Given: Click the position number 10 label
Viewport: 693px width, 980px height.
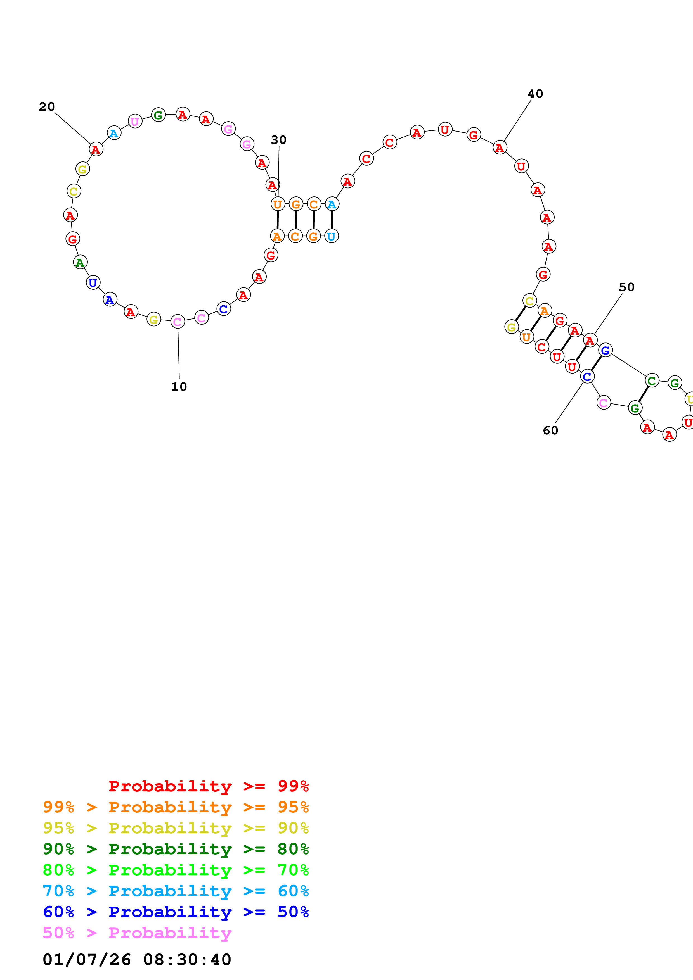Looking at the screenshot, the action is coord(179,387).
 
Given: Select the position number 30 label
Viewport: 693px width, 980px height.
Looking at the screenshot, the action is coord(278,140).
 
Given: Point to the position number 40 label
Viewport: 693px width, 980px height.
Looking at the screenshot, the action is coord(535,94).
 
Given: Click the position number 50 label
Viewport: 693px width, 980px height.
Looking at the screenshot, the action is coord(626,287).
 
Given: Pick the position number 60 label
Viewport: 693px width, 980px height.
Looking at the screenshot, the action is coord(550,431).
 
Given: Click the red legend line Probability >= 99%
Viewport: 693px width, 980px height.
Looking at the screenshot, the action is coord(208,786).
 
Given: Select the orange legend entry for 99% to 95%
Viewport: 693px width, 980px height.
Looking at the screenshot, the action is coord(176,807).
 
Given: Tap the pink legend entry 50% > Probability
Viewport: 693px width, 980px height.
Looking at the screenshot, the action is coord(137,933).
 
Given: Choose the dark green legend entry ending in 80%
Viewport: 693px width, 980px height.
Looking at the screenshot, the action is coord(176,849).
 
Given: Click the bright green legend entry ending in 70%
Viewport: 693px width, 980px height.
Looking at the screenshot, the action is coord(176,870).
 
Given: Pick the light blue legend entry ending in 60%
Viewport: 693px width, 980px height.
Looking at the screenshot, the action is coord(176,891).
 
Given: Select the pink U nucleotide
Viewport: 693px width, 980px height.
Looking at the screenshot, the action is coord(135,122).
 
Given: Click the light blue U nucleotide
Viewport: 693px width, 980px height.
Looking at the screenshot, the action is coord(331,236).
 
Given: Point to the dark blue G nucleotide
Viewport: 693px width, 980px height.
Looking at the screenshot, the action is coord(605,350).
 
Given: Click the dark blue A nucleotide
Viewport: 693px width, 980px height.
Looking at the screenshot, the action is coord(110,300).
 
